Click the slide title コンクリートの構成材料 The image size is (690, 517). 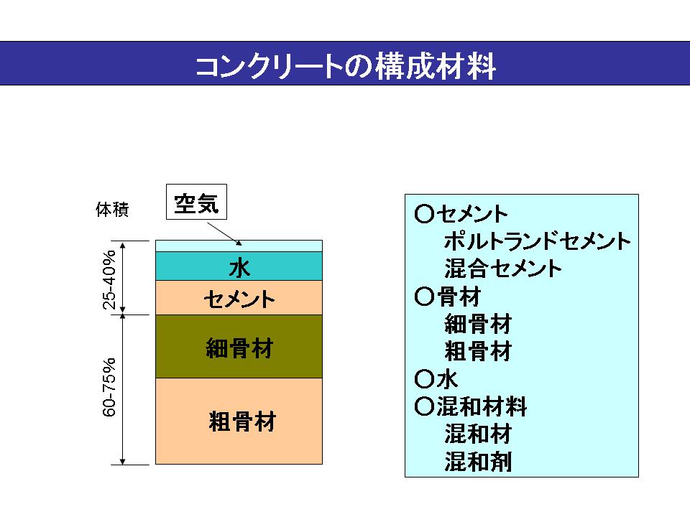(345, 66)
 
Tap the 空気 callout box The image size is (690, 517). (196, 202)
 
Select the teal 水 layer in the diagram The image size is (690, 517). (239, 266)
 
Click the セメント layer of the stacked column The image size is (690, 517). (239, 297)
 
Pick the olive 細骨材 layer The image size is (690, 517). (239, 347)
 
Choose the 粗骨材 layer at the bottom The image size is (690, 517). (239, 421)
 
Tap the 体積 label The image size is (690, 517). (112, 211)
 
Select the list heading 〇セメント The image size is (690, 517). (462, 214)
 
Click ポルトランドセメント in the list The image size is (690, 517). (538, 241)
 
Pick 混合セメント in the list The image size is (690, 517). (503, 269)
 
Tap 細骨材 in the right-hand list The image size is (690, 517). (478, 325)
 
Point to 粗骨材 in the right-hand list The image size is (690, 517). (478, 352)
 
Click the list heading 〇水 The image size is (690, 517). (437, 379)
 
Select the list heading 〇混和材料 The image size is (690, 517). (471, 407)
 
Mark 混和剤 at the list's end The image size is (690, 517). (478, 462)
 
